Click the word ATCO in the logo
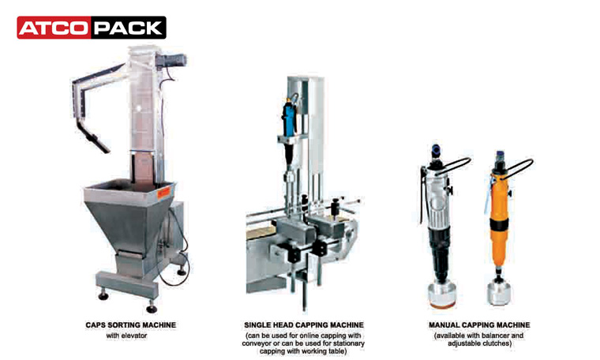pos(54,28)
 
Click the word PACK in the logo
pos(128,28)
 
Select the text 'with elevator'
pos(126,336)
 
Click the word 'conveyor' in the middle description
pos(254,343)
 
